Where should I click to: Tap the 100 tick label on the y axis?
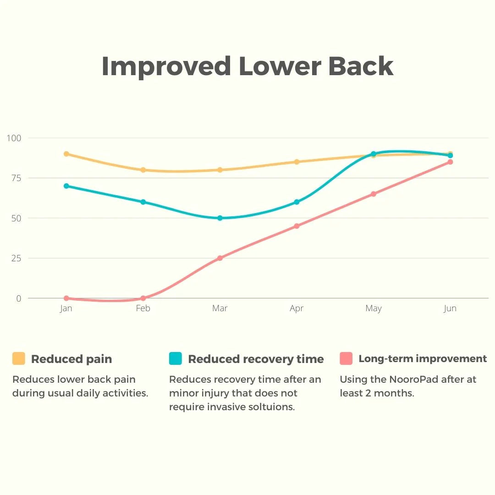pyautogui.click(x=14, y=137)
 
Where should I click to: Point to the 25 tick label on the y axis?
pyautogui.click(x=16, y=258)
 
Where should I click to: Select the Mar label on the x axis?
pyautogui.click(x=220, y=308)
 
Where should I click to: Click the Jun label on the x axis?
pyautogui.click(x=450, y=308)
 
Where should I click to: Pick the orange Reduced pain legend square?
pyautogui.click(x=19, y=358)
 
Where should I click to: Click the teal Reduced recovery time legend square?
pyautogui.click(x=176, y=358)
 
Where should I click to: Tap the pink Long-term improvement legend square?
pyautogui.click(x=346, y=358)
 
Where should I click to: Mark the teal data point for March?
pyautogui.click(x=220, y=218)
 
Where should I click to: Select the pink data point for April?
pyautogui.click(x=297, y=226)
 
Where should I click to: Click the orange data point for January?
pyautogui.click(x=66, y=154)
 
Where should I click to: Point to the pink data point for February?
pyautogui.click(x=143, y=298)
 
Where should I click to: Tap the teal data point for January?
pyautogui.click(x=66, y=186)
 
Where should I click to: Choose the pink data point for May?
pyautogui.click(x=374, y=194)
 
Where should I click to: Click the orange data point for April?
pyautogui.click(x=297, y=162)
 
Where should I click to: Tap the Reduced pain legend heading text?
pyautogui.click(x=71, y=359)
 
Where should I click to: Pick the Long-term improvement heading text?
pyautogui.click(x=423, y=358)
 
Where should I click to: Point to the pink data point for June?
pyautogui.click(x=450, y=162)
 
